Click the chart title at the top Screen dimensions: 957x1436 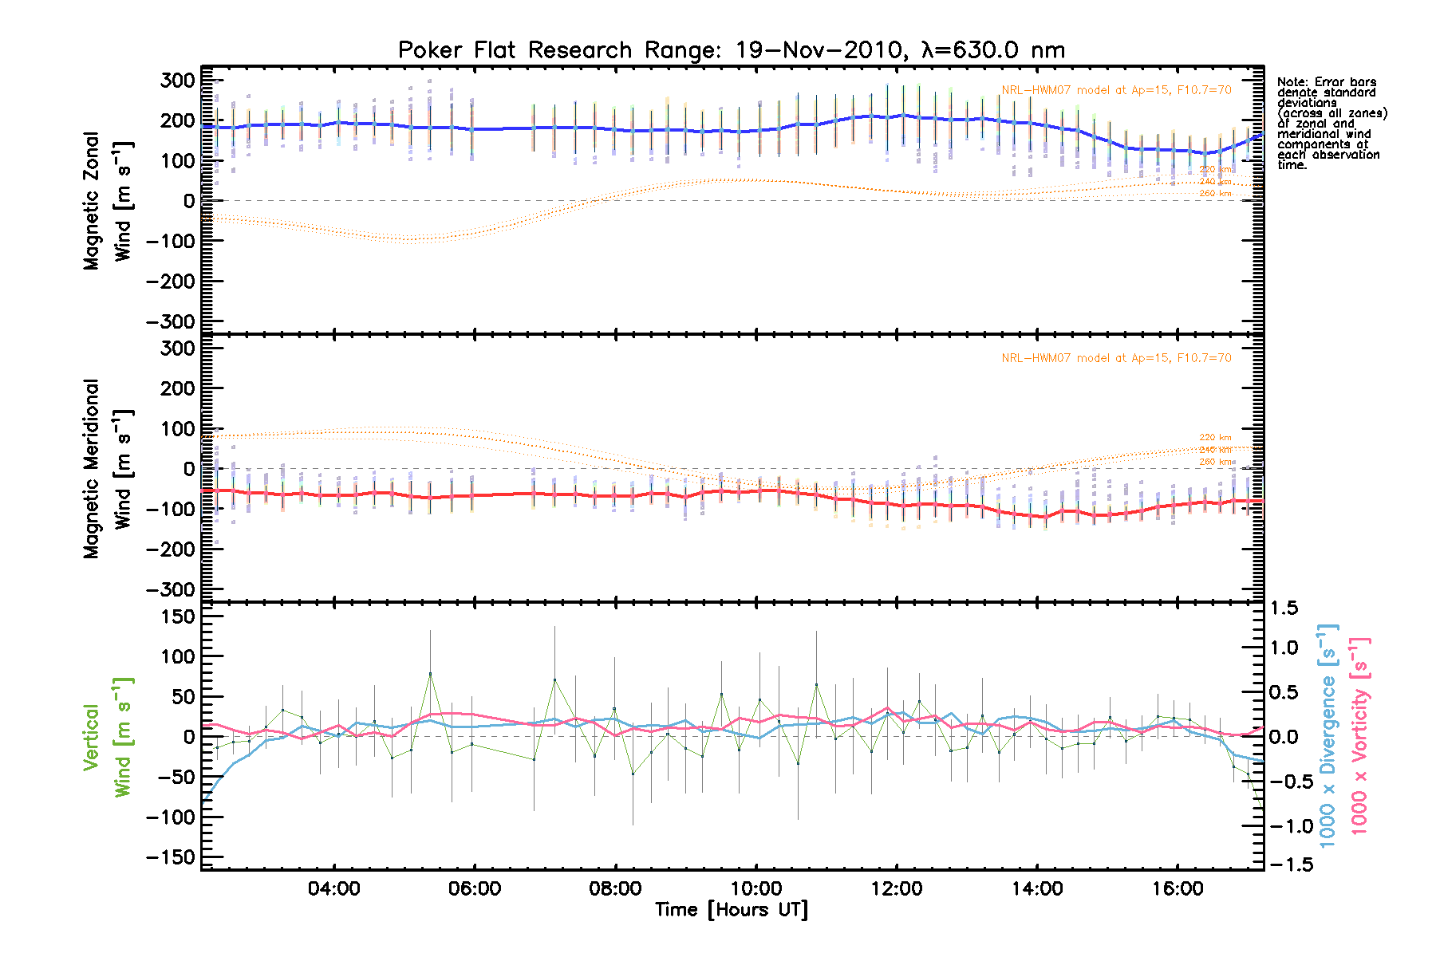pyautogui.click(x=731, y=50)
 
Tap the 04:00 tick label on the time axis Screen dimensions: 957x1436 pyautogui.click(x=333, y=888)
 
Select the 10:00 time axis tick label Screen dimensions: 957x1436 pyautogui.click(x=755, y=888)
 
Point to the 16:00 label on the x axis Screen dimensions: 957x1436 pyautogui.click(x=1178, y=888)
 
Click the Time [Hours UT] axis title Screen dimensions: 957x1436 pyautogui.click(x=731, y=910)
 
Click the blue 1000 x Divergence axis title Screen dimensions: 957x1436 pyautogui.click(x=1328, y=736)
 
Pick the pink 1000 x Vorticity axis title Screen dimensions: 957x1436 pyautogui.click(x=1359, y=736)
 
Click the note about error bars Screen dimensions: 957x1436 pyautogui.click(x=1331, y=124)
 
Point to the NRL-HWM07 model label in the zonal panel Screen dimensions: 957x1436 pyautogui.click(x=1116, y=90)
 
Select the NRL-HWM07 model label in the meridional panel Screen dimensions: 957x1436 pyautogui.click(x=1116, y=358)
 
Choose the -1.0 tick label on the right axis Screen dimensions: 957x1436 pyautogui.click(x=1286, y=826)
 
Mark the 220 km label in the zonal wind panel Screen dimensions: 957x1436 pyautogui.click(x=1215, y=170)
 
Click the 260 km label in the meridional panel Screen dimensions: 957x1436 pyautogui.click(x=1215, y=463)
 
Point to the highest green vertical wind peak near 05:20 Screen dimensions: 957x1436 pyautogui.click(x=430, y=674)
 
